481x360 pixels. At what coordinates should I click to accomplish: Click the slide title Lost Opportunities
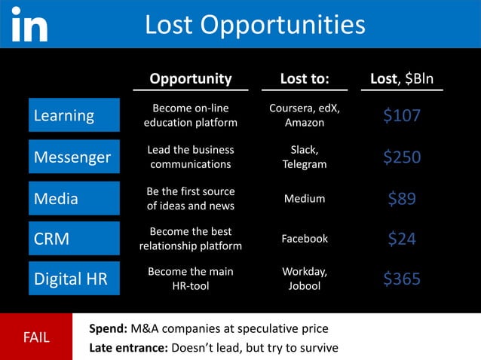tap(254, 25)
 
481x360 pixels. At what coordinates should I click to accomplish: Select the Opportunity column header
tap(190, 79)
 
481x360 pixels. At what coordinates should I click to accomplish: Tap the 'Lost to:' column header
tap(305, 79)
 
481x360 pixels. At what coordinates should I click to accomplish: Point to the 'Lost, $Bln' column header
tap(402, 79)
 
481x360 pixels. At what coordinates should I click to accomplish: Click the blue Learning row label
tap(75, 115)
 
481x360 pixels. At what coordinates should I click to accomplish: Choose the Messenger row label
tap(75, 157)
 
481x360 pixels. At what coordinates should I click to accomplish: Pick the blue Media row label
tap(75, 199)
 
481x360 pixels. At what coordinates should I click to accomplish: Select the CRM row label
tap(75, 239)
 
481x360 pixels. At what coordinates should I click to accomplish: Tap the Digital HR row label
tap(75, 279)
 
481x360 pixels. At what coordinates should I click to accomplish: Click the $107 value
tap(402, 115)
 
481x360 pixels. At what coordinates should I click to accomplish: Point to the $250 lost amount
tap(402, 157)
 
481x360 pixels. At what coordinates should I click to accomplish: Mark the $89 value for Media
tap(402, 199)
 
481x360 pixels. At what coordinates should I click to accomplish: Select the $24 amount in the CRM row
tap(402, 239)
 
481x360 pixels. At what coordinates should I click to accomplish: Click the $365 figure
tap(402, 279)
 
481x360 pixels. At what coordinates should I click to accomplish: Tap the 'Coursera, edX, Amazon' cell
tap(305, 115)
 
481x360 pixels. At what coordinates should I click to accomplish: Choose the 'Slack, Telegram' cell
tap(305, 157)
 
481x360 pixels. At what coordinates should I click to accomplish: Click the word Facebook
tap(305, 239)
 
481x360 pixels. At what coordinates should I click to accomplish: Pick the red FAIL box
tap(35, 337)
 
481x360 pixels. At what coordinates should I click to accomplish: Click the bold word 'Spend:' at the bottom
tap(108, 329)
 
